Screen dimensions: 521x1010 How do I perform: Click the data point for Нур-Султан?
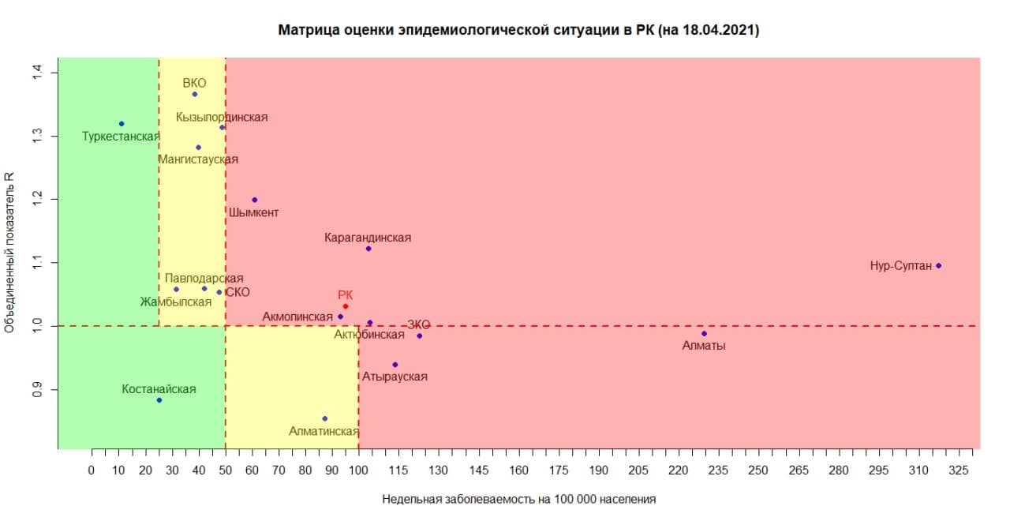pyautogui.click(x=938, y=266)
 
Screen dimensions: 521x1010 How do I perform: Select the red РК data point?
pyautogui.click(x=346, y=306)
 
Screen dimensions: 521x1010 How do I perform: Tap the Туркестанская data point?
pyautogui.click(x=122, y=124)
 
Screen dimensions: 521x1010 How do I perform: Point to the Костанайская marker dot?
pyautogui.click(x=159, y=400)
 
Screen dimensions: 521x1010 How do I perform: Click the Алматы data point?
pyautogui.click(x=704, y=334)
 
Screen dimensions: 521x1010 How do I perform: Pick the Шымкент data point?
pyautogui.click(x=254, y=200)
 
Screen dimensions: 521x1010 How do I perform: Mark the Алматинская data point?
pyautogui.click(x=324, y=418)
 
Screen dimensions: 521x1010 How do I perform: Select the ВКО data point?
pyautogui.click(x=195, y=95)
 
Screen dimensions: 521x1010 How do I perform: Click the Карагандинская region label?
pyautogui.click(x=368, y=238)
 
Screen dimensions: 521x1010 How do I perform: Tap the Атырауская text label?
pyautogui.click(x=395, y=377)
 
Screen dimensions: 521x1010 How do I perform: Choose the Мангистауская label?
pyautogui.click(x=198, y=159)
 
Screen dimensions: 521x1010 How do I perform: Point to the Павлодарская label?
pyautogui.click(x=204, y=279)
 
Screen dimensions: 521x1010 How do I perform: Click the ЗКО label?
pyautogui.click(x=419, y=325)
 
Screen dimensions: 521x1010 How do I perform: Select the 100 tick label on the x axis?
pyautogui.click(x=359, y=470)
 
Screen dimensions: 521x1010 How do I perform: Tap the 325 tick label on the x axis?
pyautogui.click(x=959, y=470)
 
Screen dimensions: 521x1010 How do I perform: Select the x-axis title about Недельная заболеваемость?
pyautogui.click(x=519, y=500)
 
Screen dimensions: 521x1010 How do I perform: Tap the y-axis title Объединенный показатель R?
pyautogui.click(x=11, y=253)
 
